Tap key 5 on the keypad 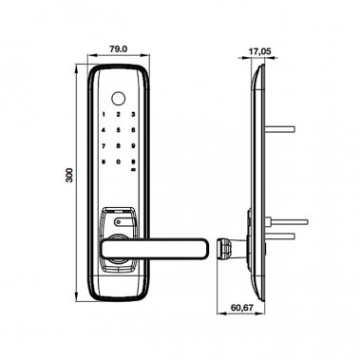(119, 131)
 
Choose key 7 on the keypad (104, 147)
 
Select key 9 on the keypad (134, 147)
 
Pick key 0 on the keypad (119, 163)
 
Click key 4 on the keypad (104, 131)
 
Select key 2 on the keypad (119, 115)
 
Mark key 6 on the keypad (134, 131)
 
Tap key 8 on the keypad (119, 147)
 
